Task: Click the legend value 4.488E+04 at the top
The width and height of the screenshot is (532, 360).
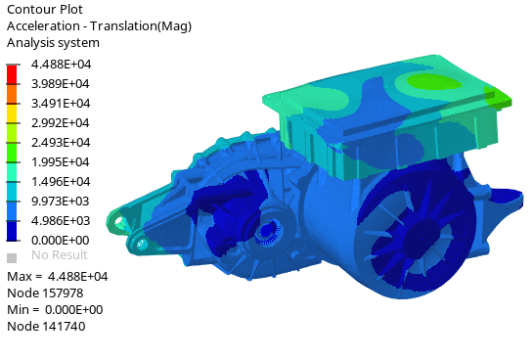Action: click(61, 65)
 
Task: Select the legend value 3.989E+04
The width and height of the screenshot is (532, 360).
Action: click(61, 84)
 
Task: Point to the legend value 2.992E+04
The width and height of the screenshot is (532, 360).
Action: click(61, 123)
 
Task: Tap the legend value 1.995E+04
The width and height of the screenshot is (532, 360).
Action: click(61, 161)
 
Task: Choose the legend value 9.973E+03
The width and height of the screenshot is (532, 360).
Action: click(61, 202)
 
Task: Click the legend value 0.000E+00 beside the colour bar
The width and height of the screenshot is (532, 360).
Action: click(61, 241)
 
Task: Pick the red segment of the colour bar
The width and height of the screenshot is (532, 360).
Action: click(12, 74)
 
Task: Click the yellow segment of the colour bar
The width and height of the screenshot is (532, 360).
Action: click(12, 113)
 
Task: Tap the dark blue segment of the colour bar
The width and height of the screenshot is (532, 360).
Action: click(12, 231)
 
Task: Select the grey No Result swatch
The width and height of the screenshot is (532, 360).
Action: click(12, 258)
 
